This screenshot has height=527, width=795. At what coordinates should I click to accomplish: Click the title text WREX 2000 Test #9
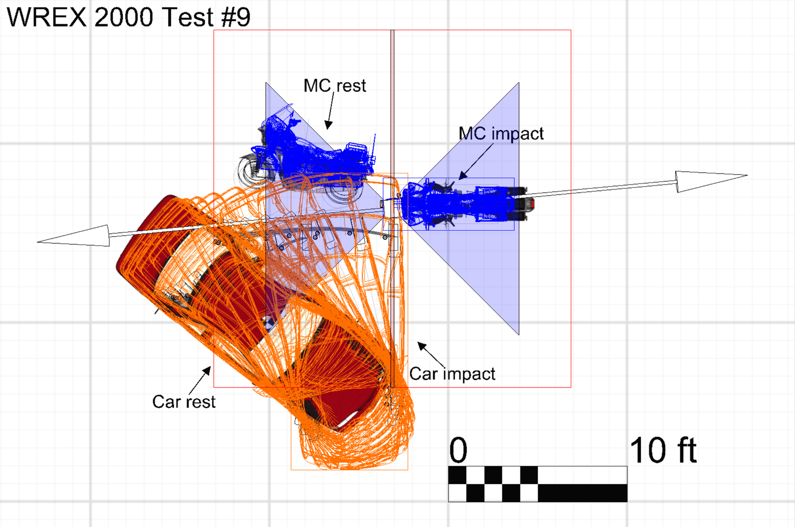coord(128,16)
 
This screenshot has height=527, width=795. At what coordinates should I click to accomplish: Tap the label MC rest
coord(334,85)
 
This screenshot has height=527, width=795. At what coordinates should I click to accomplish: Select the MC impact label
coord(501,134)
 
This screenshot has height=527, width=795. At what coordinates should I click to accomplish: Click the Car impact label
coord(452,374)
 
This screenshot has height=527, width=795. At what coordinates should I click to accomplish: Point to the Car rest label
coord(184,402)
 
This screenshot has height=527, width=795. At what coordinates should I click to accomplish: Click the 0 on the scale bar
coord(458,450)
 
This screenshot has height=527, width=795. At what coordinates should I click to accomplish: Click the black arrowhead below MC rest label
coord(328,125)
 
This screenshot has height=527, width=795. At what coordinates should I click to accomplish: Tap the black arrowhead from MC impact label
coord(462,175)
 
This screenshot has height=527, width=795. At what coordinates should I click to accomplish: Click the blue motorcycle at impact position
coord(465,204)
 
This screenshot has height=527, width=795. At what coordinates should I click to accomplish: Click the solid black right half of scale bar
coord(582,493)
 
